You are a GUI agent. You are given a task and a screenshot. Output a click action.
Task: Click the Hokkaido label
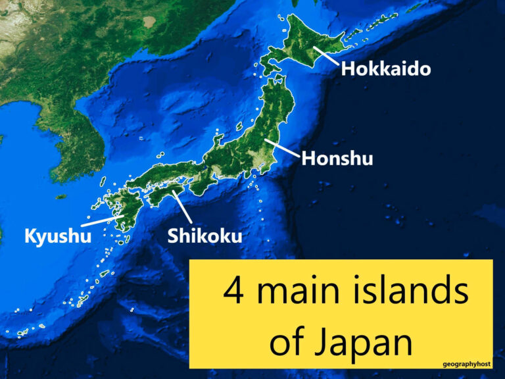(x=385, y=68)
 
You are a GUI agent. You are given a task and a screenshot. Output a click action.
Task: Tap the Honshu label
(x=337, y=159)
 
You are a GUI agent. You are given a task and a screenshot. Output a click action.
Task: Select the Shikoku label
(x=204, y=236)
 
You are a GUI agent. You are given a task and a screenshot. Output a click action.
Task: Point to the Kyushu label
(x=57, y=236)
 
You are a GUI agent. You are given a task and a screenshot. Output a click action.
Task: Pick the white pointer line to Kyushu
(x=101, y=221)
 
